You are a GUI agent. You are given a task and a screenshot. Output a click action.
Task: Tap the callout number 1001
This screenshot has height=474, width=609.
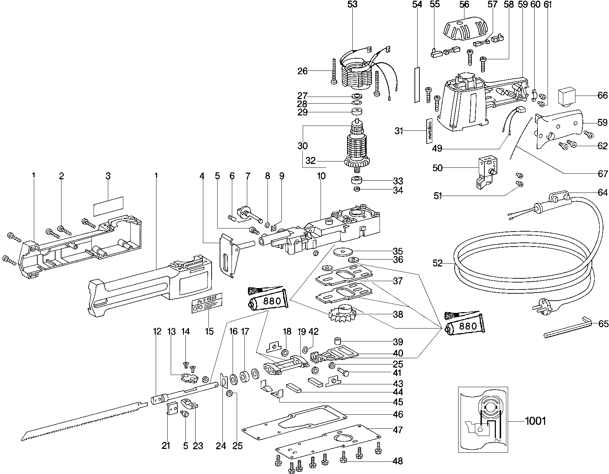[x=535, y=421]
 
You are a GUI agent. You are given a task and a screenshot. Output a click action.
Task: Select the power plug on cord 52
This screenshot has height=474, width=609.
[x=545, y=304]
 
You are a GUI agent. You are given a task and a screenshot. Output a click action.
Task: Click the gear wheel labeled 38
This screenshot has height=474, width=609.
[x=342, y=314]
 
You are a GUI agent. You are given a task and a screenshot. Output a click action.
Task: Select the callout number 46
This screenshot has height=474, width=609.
[x=398, y=414]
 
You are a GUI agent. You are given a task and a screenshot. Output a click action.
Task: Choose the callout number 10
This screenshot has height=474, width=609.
[x=321, y=176]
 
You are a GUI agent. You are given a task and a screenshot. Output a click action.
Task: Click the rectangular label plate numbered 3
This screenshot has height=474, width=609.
[x=108, y=206]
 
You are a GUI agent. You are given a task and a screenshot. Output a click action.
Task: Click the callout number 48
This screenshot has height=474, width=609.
[x=398, y=461]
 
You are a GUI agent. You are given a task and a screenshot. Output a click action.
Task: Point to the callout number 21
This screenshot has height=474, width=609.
[x=166, y=445]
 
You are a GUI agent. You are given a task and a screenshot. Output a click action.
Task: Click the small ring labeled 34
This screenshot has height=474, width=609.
[x=357, y=190]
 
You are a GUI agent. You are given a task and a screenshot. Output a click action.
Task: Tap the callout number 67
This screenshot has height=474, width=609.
[x=603, y=174]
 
